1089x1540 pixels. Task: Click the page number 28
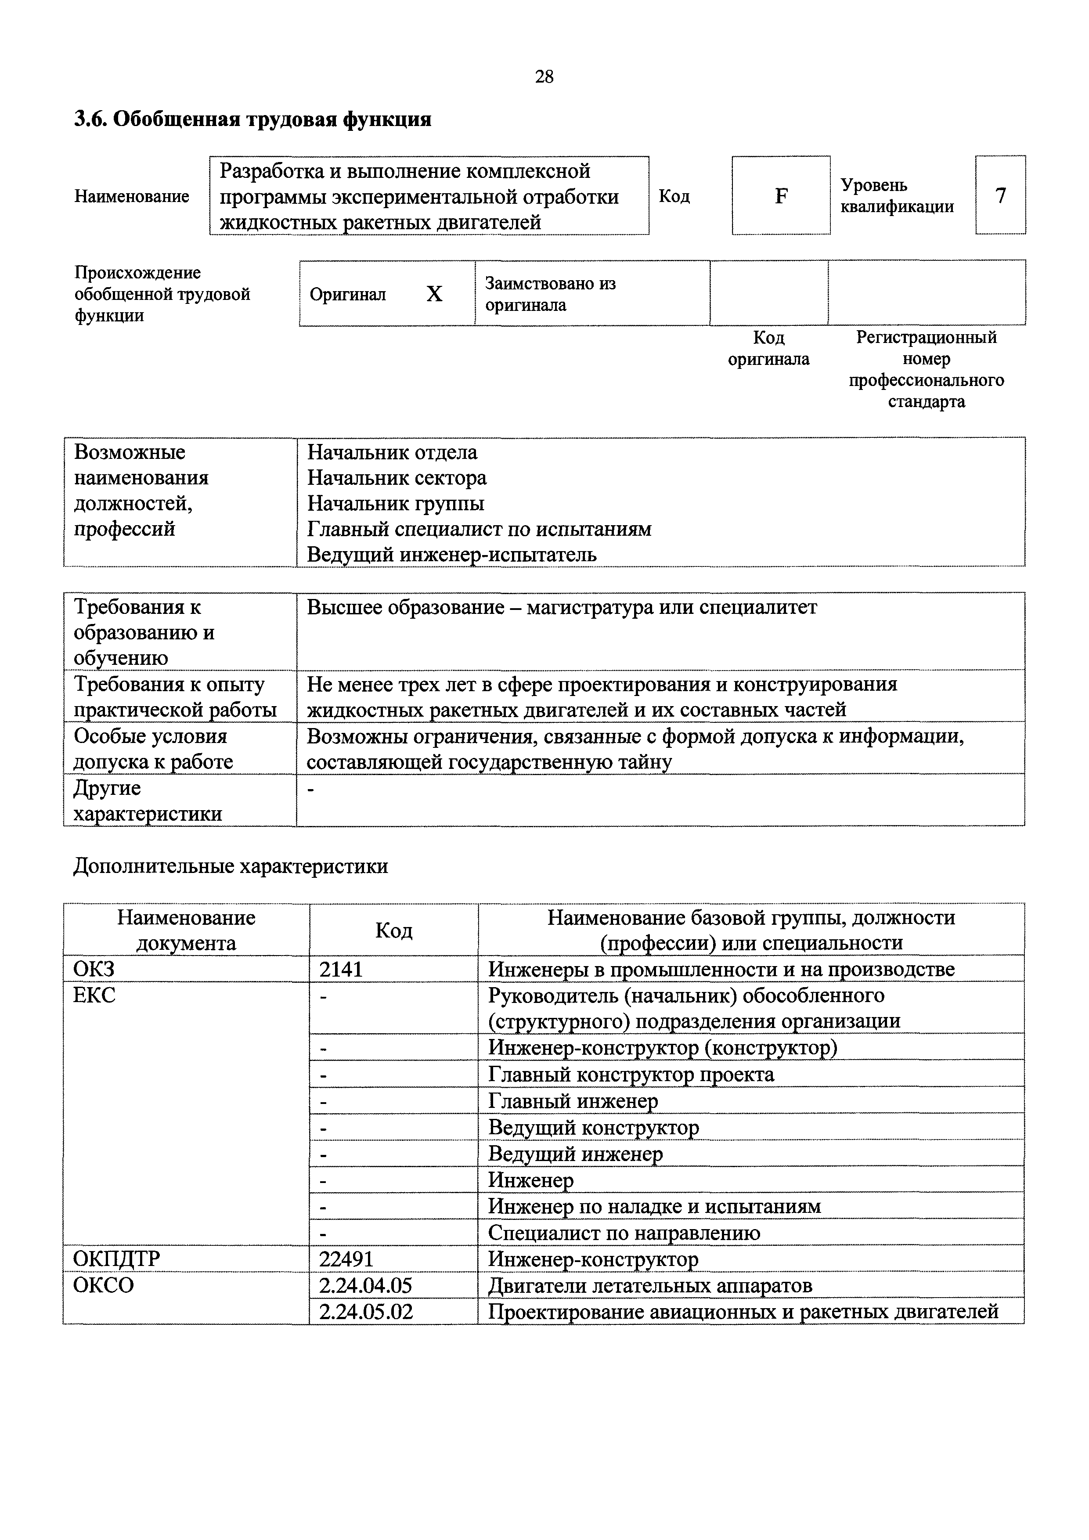[x=544, y=77]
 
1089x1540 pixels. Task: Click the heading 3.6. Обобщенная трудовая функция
[x=252, y=119]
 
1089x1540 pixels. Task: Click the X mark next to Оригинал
[x=435, y=294]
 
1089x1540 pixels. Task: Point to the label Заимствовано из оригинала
[x=550, y=294]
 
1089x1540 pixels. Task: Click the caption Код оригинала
[x=768, y=348]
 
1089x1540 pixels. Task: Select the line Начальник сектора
[x=397, y=478]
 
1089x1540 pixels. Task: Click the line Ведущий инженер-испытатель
[x=451, y=555]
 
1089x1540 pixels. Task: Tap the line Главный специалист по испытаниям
[x=479, y=529]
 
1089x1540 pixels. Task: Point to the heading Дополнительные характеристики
[x=230, y=866]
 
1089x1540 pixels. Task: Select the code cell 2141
[x=341, y=969]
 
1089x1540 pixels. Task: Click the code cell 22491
[x=346, y=1259]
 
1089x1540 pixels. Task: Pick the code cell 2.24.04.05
[x=365, y=1286]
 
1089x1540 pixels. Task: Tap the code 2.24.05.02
[x=365, y=1311]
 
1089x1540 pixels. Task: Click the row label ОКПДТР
[x=117, y=1259]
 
